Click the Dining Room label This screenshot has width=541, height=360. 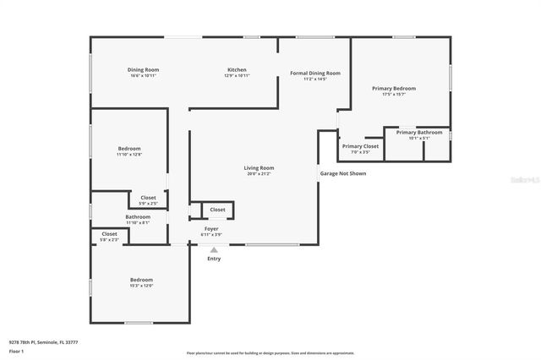144,69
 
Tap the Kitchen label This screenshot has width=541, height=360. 237,69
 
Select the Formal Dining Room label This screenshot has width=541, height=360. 314,74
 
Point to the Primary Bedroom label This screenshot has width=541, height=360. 393,88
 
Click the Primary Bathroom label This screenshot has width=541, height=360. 418,132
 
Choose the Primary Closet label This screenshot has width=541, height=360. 360,145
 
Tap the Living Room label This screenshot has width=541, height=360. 259,167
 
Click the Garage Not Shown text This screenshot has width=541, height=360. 342,173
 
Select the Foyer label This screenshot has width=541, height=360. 210,227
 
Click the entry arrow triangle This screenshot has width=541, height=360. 214,249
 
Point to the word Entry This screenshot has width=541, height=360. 214,259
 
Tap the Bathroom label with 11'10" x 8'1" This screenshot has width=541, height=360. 138,216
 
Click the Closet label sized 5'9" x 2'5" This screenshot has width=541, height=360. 148,198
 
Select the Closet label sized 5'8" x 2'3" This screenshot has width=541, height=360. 110,234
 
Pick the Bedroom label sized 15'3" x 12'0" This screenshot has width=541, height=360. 141,280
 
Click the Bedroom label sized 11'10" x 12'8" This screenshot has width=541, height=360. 129,149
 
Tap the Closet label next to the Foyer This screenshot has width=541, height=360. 217,209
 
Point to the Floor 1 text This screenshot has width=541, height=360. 17,352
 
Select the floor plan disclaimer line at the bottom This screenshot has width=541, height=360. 270,352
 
